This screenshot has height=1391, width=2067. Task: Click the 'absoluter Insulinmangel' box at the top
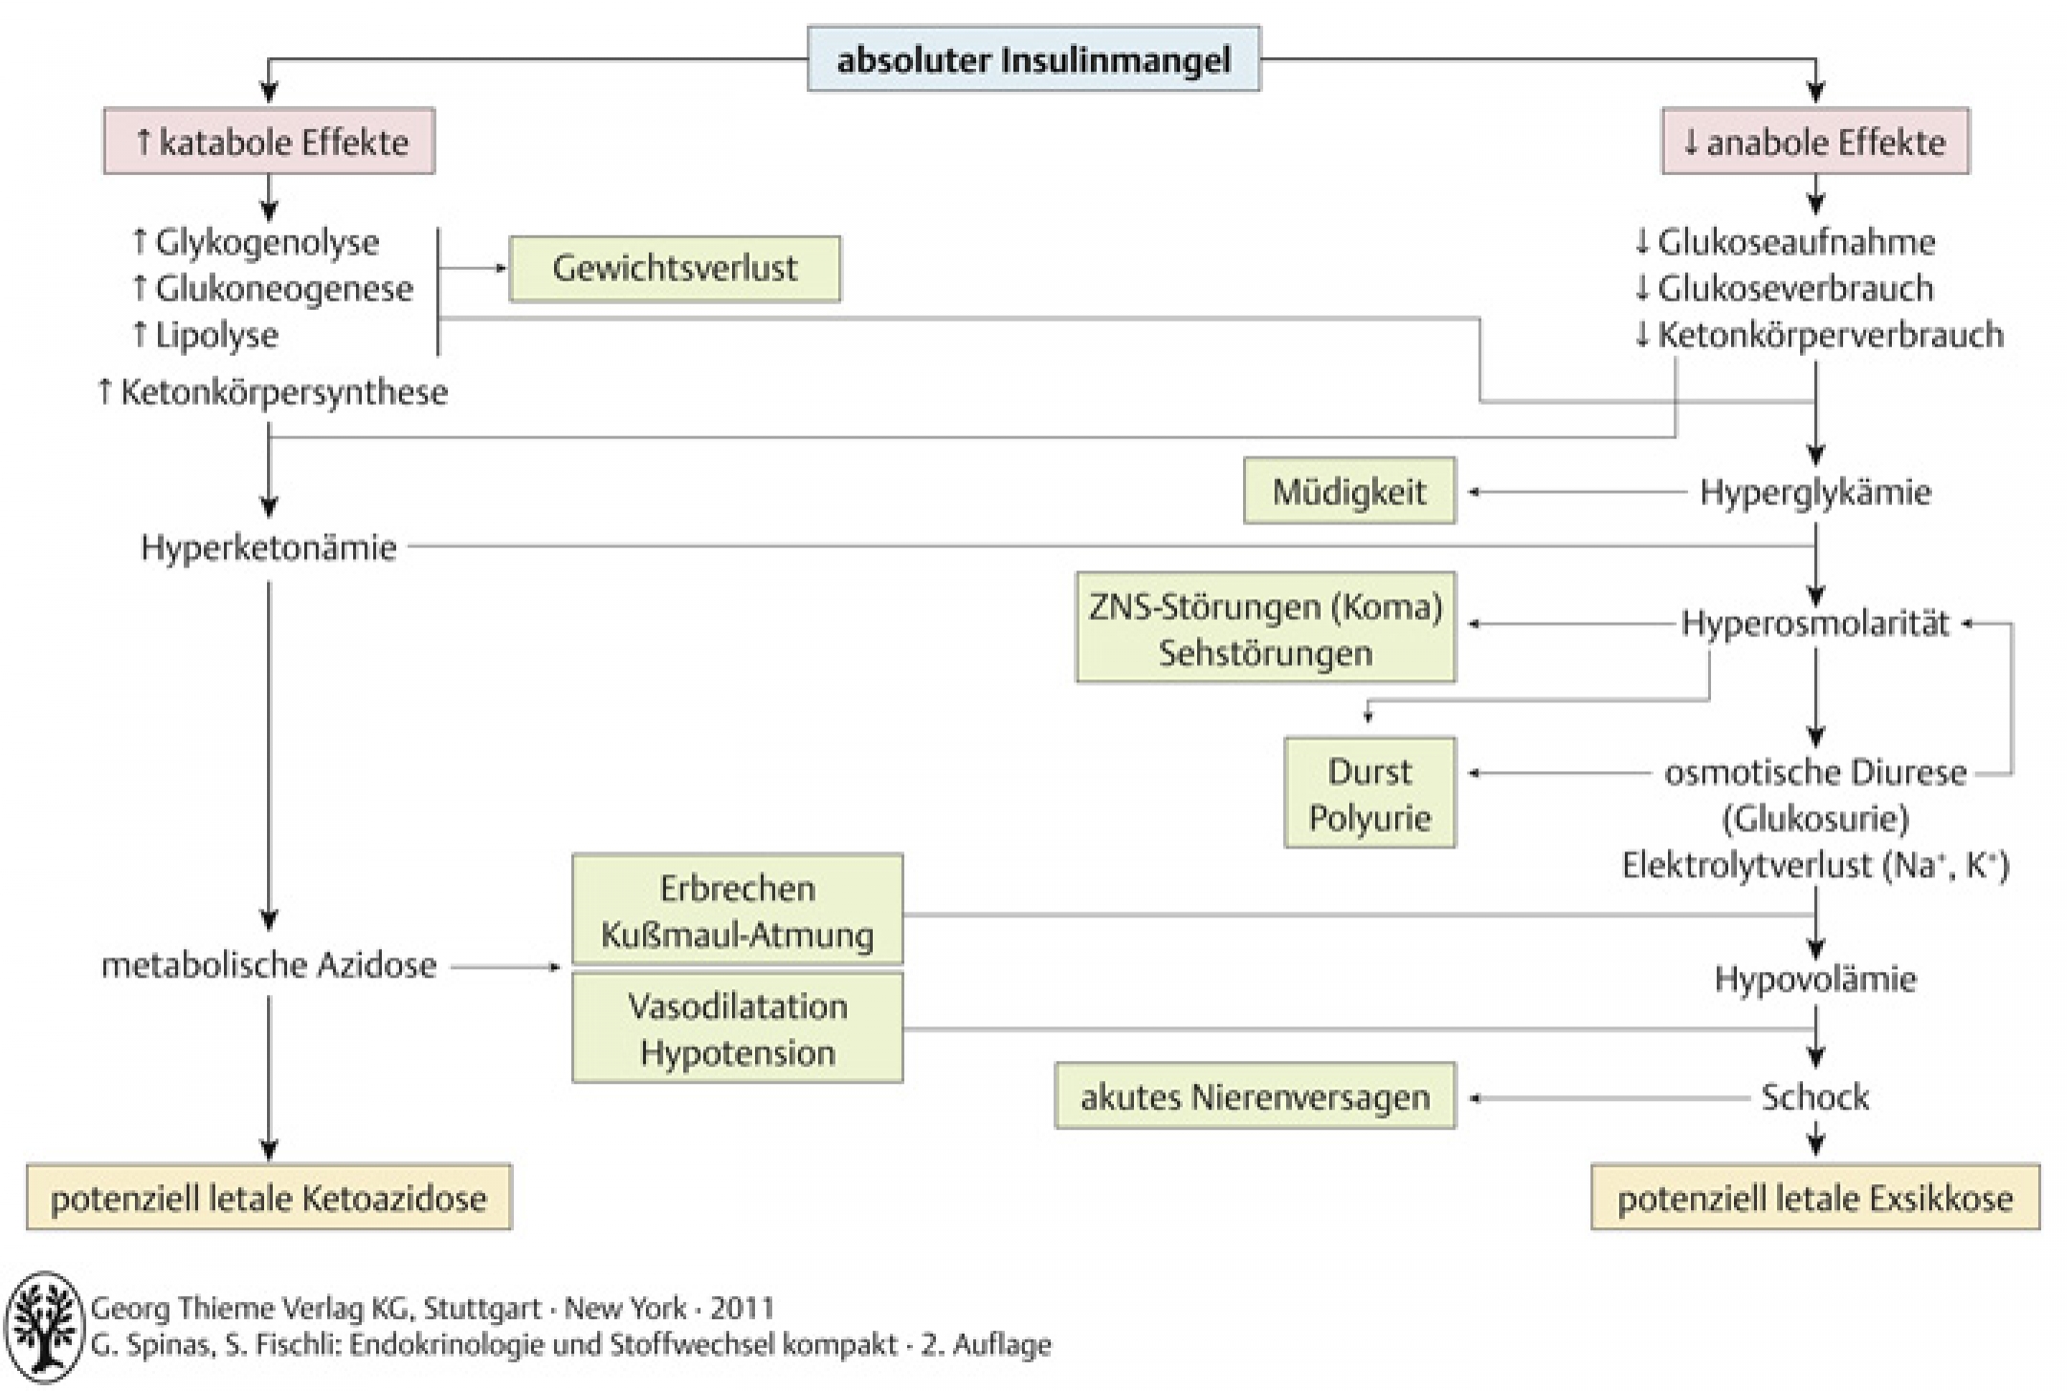(1033, 59)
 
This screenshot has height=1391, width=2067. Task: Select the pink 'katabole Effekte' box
(269, 141)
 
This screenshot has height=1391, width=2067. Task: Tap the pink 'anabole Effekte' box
(1815, 141)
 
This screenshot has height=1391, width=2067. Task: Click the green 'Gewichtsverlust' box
(675, 269)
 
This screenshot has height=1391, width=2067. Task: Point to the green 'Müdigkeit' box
(1349, 491)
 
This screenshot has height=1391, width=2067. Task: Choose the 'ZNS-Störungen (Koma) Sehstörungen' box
(1265, 628)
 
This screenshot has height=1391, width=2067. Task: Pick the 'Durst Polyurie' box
(1369, 792)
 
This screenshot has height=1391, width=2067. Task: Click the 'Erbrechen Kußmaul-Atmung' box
(737, 909)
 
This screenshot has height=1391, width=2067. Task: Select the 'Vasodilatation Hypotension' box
(737, 1027)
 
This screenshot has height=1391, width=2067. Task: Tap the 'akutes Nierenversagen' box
(1255, 1096)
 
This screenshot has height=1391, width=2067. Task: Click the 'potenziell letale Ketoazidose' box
(269, 1197)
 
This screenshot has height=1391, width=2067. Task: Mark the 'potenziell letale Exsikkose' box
(1815, 1197)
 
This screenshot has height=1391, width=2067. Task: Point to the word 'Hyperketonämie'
(268, 548)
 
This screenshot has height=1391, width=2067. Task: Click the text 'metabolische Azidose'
(269, 965)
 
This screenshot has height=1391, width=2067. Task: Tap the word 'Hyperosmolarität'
(1815, 624)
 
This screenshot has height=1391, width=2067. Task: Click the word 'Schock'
(1815, 1097)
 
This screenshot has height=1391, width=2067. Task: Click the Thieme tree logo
(44, 1328)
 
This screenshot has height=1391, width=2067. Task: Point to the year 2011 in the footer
(742, 1308)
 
